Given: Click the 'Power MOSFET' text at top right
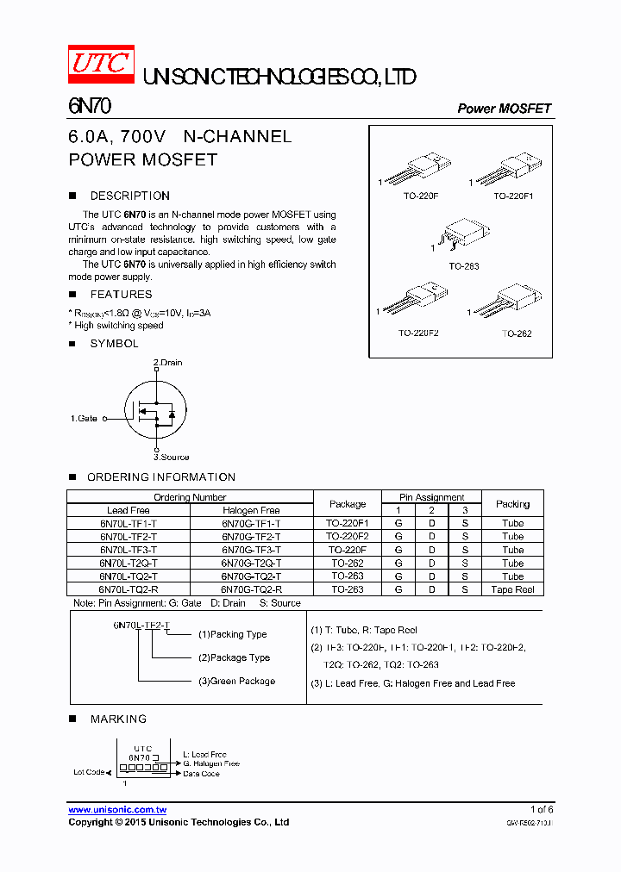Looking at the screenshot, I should [x=504, y=109].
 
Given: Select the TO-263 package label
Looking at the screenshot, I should [x=463, y=266].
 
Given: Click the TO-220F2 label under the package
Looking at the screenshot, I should [x=418, y=333].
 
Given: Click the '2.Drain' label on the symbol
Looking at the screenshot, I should [x=167, y=363].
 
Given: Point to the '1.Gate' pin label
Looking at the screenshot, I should [x=84, y=418].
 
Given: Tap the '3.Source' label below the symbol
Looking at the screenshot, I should [x=171, y=457].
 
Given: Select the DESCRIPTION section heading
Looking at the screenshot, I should [x=129, y=196].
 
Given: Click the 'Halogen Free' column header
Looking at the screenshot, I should [x=251, y=510].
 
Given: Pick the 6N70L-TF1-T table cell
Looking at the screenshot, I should [x=129, y=523].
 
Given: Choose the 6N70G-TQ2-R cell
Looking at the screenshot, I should [x=251, y=589].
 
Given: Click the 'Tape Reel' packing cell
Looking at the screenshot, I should [x=512, y=589].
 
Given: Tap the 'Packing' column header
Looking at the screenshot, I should [x=512, y=503].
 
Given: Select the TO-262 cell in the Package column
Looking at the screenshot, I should [x=348, y=563].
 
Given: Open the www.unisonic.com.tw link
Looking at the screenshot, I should [x=117, y=810].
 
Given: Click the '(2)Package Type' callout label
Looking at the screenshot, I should [x=234, y=657].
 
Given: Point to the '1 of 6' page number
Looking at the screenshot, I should [x=542, y=810].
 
